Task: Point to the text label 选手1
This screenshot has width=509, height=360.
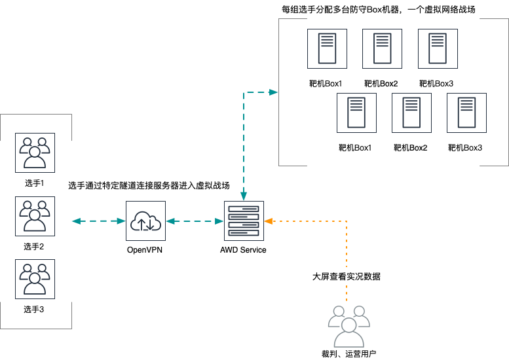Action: pos(34,183)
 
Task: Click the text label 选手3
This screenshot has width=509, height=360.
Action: pos(34,309)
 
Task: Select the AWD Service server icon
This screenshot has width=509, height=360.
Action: pos(244,221)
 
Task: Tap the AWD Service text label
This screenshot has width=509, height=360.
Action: pos(244,250)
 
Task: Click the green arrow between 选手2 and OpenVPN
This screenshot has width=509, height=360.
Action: pos(98,222)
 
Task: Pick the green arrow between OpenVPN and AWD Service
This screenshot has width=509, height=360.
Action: pos(194,222)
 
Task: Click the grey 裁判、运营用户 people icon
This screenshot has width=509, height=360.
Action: pos(349,325)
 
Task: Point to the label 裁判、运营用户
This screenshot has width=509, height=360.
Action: pos(349,354)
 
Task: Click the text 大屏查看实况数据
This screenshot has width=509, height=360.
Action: pos(346,276)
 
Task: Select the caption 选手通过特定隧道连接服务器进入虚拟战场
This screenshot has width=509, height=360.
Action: pos(149,186)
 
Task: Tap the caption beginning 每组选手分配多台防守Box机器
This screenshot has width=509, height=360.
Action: pos(377,9)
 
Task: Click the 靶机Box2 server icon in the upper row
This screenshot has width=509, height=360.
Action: pos(382,48)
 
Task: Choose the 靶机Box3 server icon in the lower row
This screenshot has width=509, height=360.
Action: pos(466,113)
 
